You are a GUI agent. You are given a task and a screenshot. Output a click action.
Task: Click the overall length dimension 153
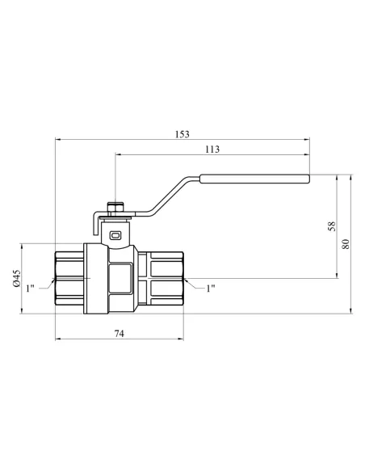(183, 134)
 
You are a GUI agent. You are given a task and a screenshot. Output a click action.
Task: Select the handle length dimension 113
(213, 149)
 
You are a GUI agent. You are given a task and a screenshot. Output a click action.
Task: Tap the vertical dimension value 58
(332, 225)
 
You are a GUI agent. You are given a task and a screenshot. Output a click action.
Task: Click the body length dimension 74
(120, 333)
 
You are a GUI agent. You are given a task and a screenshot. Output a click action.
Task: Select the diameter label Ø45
(16, 277)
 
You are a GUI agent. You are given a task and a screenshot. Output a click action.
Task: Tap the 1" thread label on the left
(30, 288)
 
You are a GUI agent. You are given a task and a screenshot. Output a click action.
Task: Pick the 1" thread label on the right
(211, 288)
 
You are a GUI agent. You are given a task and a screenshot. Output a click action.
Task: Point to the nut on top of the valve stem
(115, 208)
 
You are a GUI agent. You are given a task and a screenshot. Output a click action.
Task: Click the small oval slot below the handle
(115, 235)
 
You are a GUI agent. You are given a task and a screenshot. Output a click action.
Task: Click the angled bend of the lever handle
(176, 195)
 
